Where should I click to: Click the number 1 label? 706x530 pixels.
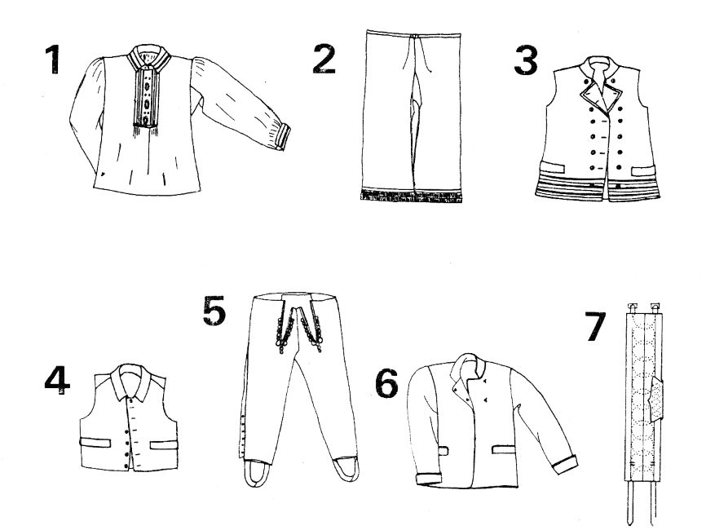(53, 59)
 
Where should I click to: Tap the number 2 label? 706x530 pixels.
(324, 60)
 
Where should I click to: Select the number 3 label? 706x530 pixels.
(526, 61)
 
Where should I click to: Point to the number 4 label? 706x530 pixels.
(57, 380)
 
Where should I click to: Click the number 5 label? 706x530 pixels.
(214, 311)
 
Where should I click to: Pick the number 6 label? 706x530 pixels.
(386, 384)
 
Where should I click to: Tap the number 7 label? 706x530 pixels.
(595, 326)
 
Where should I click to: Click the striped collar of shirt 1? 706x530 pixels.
(148, 58)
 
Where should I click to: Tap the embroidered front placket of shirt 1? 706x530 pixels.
(146, 97)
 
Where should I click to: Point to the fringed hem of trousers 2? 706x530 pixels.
(412, 196)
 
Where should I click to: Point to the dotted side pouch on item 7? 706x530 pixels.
(656, 400)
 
